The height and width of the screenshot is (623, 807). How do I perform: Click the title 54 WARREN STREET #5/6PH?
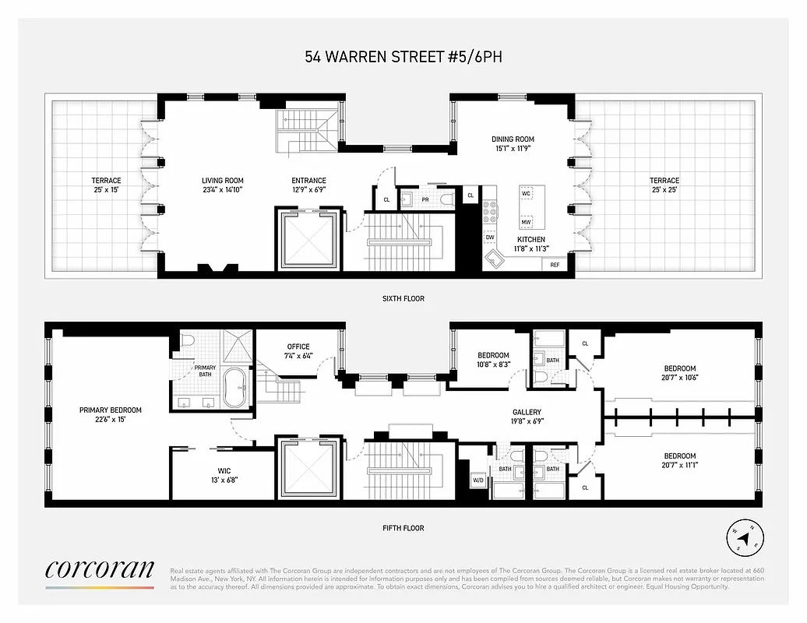tap(403, 57)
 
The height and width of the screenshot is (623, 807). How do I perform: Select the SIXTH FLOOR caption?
tap(403, 298)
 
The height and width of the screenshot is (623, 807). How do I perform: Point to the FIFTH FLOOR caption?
tap(403, 528)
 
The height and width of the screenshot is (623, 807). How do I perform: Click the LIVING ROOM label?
tap(223, 181)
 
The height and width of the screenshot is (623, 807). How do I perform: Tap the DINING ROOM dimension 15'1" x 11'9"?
tap(513, 150)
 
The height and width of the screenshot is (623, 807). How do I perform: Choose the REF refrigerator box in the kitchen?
tap(555, 265)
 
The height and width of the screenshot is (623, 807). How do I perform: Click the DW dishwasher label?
tap(490, 238)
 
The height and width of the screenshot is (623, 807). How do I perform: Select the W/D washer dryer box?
tap(478, 480)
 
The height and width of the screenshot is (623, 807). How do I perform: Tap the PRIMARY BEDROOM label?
tap(110, 410)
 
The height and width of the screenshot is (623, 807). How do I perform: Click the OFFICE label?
tap(298, 347)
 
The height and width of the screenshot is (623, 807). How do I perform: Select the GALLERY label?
tap(527, 412)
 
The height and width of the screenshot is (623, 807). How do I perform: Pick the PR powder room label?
tap(425, 199)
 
